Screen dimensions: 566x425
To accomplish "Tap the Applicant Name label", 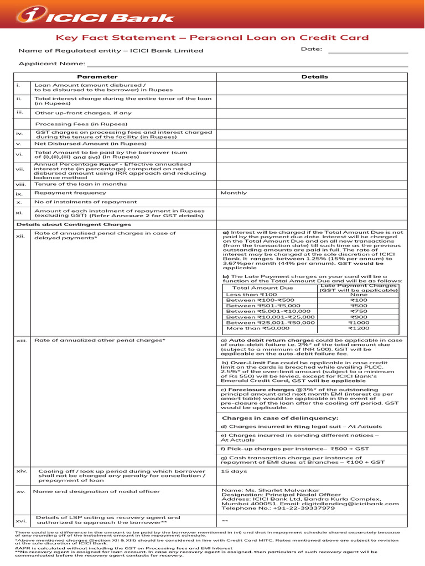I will tap(52, 64).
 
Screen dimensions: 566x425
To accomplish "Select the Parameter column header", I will tap(97, 77).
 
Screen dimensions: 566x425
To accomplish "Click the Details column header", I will tap(314, 77).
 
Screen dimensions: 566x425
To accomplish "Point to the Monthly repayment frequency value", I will tap(234, 193).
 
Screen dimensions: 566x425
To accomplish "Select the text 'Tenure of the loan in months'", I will tap(81, 184).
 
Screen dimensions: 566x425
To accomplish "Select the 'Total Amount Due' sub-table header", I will tap(263, 288).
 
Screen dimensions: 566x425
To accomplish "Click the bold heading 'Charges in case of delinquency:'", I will tap(279, 418).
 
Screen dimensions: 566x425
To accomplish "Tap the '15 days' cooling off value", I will tap(234, 471).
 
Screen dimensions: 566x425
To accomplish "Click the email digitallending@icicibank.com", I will tap(352, 504).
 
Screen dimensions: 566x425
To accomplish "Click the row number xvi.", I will tap(22, 521).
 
